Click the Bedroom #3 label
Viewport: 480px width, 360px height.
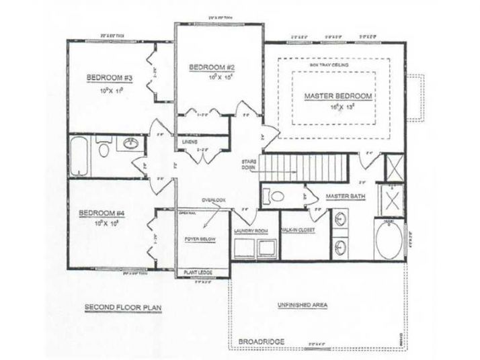point(108,78)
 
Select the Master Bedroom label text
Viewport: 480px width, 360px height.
point(338,96)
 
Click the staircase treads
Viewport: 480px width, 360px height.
point(307,165)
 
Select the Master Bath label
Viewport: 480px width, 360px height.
point(345,196)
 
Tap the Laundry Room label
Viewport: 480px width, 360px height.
point(251,230)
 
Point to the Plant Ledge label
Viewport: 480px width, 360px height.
point(198,273)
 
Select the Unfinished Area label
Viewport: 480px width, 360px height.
point(302,305)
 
